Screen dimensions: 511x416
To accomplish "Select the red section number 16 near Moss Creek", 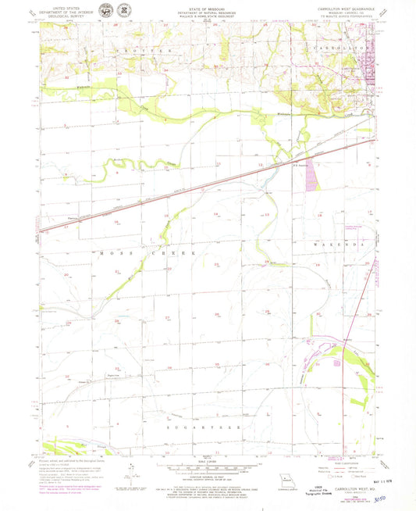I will pyautogui.click(x=116, y=223).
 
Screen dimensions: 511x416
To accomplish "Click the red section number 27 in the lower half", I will pyautogui.click(x=167, y=318).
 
